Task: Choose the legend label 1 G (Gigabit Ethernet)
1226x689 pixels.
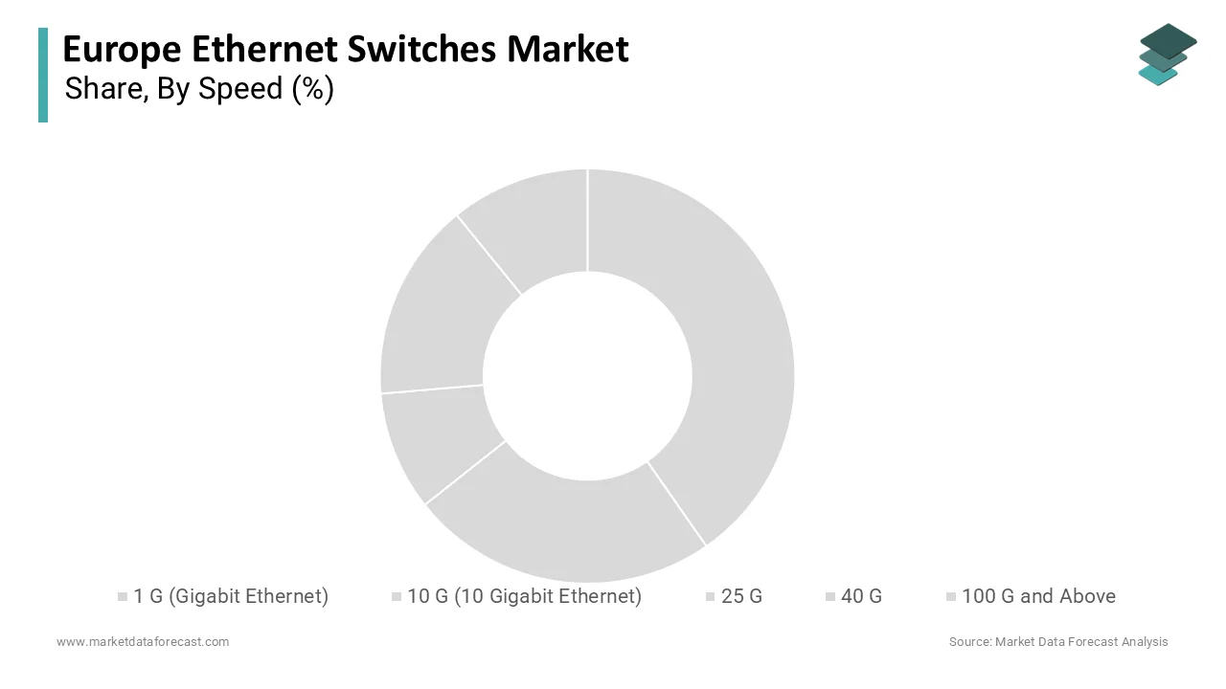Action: pyautogui.click(x=231, y=596)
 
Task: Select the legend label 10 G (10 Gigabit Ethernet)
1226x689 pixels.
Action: pyautogui.click(x=524, y=596)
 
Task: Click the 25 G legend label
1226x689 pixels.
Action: pyautogui.click(x=741, y=596)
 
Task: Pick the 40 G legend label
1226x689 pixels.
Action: pyautogui.click(x=861, y=596)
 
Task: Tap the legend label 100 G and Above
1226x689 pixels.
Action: pyautogui.click(x=1038, y=596)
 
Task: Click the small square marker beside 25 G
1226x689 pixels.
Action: pyautogui.click(x=711, y=597)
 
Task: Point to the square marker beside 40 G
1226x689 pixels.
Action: pyautogui.click(x=830, y=597)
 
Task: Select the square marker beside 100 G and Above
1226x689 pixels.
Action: pyautogui.click(x=951, y=597)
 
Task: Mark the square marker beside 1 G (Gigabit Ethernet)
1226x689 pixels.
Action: pyautogui.click(x=123, y=597)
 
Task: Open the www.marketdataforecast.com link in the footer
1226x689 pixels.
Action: pyautogui.click(x=143, y=642)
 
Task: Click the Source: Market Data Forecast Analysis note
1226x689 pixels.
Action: pyautogui.click(x=1058, y=642)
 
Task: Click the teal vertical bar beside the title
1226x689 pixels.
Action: pyautogui.click(x=43, y=75)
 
